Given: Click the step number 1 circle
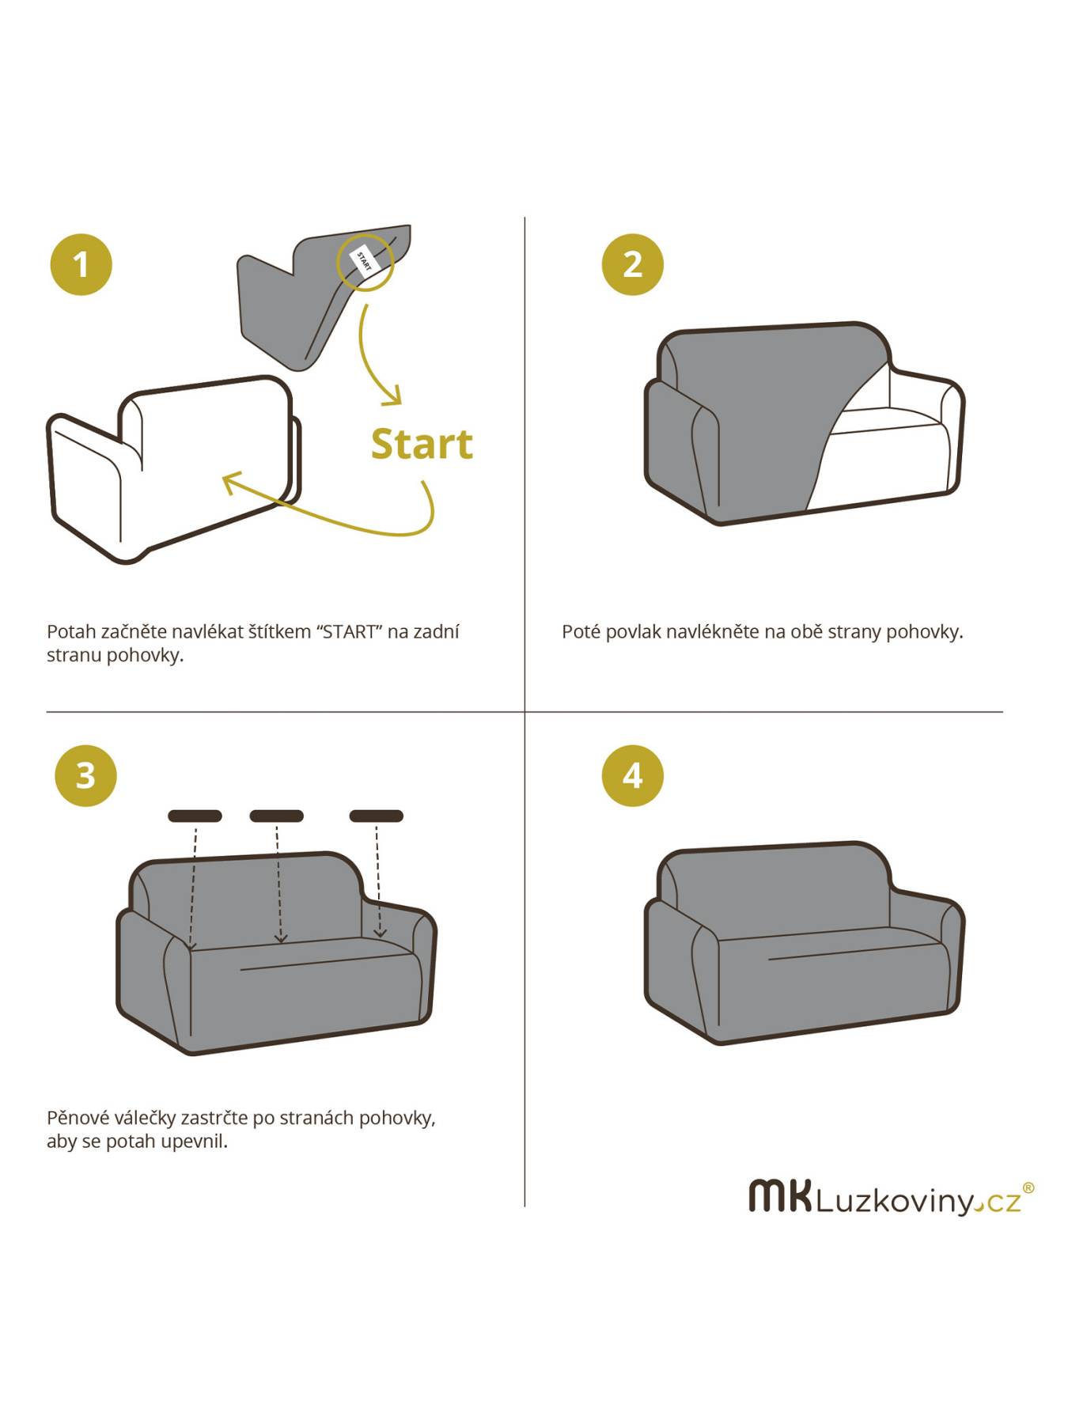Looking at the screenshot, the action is pos(81,264).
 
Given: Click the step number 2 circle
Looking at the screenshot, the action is pos(633,264).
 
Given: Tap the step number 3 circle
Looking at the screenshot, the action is pos(85,775).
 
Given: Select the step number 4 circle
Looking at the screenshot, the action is pos(633,775).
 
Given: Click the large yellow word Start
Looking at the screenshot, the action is pos(422,444).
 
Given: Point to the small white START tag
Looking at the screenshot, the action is pos(364,260).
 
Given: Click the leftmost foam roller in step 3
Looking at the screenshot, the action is pos(195,816).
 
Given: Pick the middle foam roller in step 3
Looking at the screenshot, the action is pos(277,816).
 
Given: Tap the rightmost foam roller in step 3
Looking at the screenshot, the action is pos(377,816).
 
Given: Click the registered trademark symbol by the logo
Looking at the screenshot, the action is pos(1028,1187).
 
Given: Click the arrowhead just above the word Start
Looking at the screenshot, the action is pos(391,396).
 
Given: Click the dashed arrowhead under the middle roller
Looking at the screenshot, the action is pos(280,937).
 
